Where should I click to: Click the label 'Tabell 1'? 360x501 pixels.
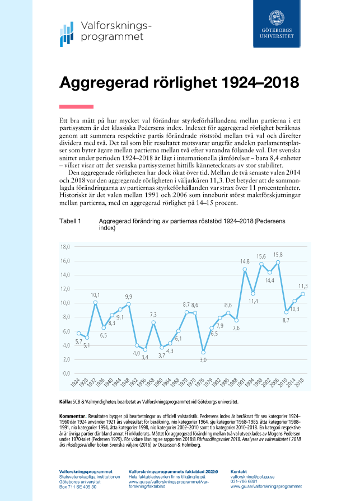(70, 222)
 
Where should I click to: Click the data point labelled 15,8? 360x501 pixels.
(278, 262)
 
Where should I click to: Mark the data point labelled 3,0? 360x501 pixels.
(203, 352)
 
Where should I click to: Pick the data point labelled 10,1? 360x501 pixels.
(95, 302)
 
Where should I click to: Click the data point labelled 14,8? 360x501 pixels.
(245, 269)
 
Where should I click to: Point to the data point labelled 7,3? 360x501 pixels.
(153, 322)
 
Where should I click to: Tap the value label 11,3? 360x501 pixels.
(303, 286)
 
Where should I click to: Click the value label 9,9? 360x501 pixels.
(128, 297)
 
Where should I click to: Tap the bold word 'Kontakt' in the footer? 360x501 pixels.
(239, 472)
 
